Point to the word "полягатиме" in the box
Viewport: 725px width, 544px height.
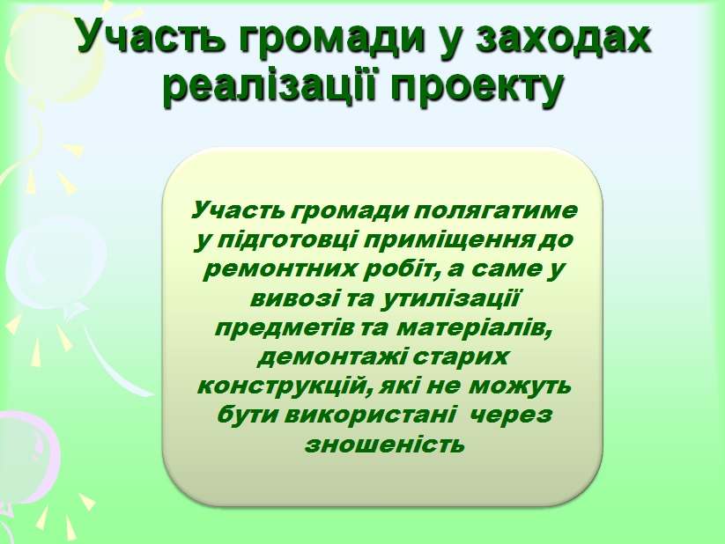point(495,211)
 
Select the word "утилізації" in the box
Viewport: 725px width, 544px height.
point(451,298)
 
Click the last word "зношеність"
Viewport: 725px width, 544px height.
point(385,445)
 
